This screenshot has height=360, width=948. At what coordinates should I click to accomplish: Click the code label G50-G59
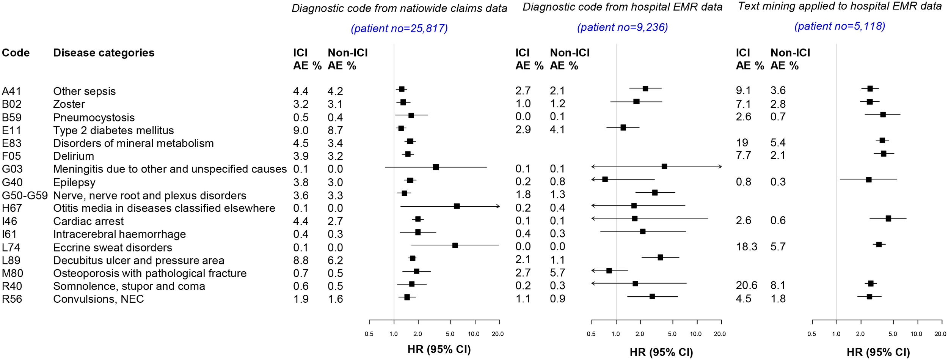pyautogui.click(x=25, y=195)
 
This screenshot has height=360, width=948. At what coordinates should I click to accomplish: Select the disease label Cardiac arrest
pyautogui.click(x=88, y=221)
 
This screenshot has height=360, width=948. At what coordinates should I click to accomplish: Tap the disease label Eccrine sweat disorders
pyautogui.click(x=112, y=247)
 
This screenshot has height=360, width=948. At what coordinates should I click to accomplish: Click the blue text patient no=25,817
pyautogui.click(x=399, y=28)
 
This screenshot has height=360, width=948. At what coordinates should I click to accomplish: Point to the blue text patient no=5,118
pyautogui.click(x=840, y=26)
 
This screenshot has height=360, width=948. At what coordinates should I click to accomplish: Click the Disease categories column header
pyautogui.click(x=104, y=53)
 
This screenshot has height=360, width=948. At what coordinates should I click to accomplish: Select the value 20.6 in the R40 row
pyautogui.click(x=746, y=285)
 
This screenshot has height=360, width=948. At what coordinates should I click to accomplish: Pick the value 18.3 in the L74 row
pyautogui.click(x=746, y=247)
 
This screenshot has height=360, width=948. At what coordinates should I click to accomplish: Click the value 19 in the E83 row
pyautogui.click(x=742, y=143)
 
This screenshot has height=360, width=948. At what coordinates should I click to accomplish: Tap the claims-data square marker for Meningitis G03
pyautogui.click(x=436, y=167)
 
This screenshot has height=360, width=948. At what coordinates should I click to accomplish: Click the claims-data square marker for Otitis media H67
pyautogui.click(x=457, y=206)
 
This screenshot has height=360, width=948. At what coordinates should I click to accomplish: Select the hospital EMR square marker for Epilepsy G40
pyautogui.click(x=605, y=179)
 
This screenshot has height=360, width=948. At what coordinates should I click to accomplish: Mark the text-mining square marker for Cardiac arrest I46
pyautogui.click(x=888, y=219)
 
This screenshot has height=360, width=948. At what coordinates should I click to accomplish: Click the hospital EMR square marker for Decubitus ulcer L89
pyautogui.click(x=660, y=257)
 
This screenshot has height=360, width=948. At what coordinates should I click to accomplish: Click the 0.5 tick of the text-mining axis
pyautogui.click(x=811, y=334)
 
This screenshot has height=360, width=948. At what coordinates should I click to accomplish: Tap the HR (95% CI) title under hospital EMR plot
pyautogui.click(x=661, y=352)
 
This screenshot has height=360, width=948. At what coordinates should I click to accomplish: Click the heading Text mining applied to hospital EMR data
pyautogui.click(x=840, y=6)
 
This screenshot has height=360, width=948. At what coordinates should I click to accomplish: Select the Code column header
pyautogui.click(x=16, y=53)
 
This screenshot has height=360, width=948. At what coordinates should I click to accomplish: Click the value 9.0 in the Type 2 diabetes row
pyautogui.click(x=300, y=130)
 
